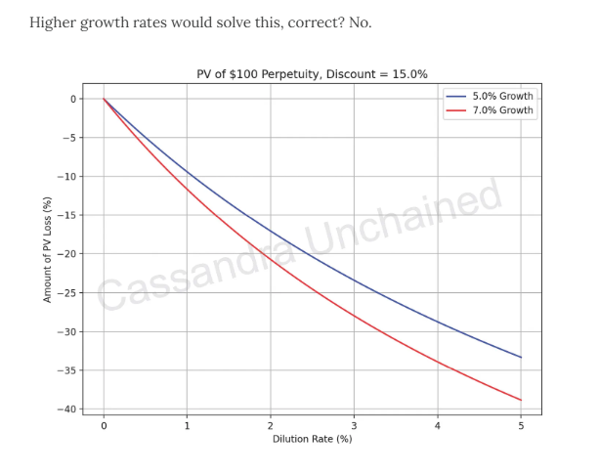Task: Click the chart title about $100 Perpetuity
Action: (x=313, y=74)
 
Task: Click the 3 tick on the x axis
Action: (x=354, y=427)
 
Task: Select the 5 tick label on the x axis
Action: (x=521, y=427)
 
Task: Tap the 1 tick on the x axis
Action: (x=187, y=427)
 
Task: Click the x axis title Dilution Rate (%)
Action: (x=313, y=440)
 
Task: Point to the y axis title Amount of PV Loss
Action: (x=47, y=249)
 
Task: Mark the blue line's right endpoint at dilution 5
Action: (x=521, y=358)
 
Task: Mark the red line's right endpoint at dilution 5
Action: (x=521, y=400)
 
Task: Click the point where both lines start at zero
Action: (x=104, y=99)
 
